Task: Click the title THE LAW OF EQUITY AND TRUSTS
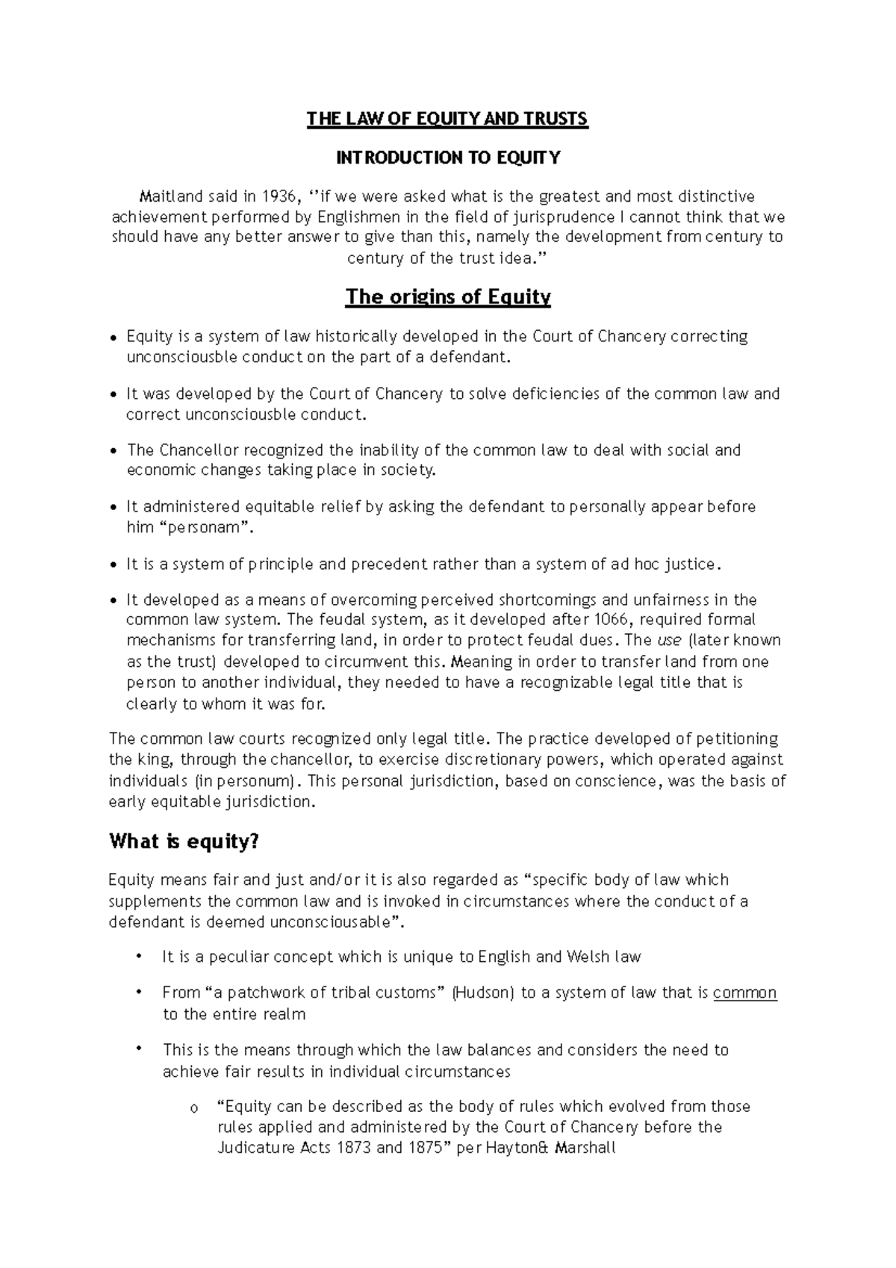(x=448, y=119)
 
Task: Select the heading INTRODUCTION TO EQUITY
(x=448, y=158)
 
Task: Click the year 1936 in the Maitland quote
(x=278, y=196)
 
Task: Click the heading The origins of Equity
(x=448, y=297)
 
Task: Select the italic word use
(x=668, y=641)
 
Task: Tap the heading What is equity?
(x=184, y=842)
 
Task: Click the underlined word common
(x=744, y=993)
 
